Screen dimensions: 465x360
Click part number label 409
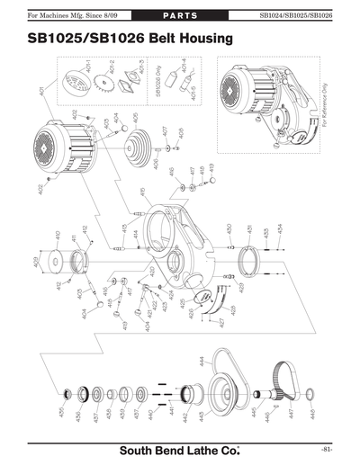[38, 263]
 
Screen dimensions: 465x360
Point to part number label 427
[221, 322]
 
